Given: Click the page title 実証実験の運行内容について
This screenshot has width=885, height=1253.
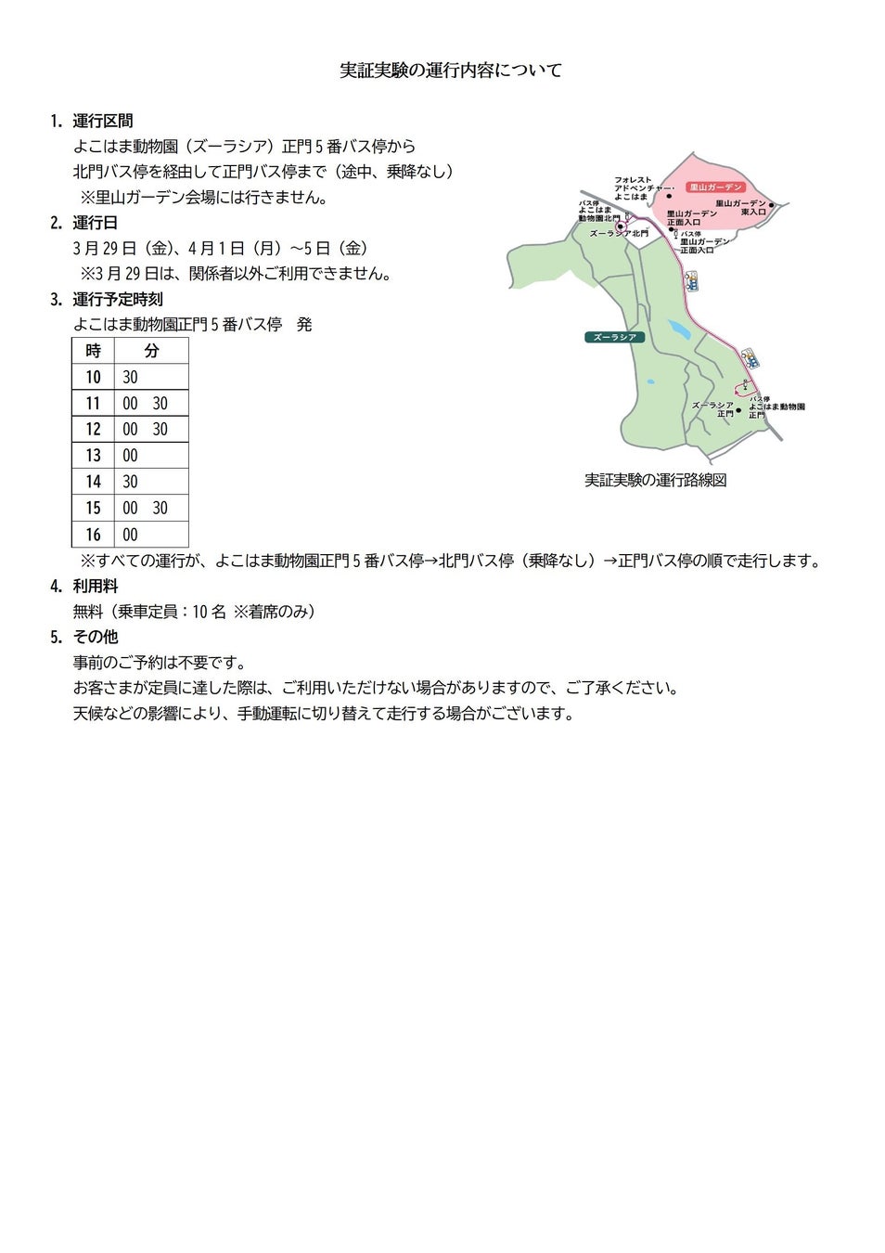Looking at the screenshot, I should [451, 71].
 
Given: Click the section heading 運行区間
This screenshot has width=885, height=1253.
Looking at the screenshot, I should [102, 121].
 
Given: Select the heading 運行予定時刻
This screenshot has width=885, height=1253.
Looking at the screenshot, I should [117, 299].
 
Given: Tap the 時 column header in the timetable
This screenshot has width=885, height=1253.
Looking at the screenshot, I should [93, 351].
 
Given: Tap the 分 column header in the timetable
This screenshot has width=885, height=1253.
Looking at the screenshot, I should [151, 351].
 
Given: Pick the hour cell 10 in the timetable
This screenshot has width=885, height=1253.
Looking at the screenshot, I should [93, 377].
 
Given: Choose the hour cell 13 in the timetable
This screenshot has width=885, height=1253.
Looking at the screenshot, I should [93, 456].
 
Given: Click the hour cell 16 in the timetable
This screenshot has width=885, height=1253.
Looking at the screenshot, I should [93, 535].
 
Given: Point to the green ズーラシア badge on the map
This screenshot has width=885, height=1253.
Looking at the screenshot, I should [614, 337].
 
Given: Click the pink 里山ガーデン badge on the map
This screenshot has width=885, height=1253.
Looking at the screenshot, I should [715, 187].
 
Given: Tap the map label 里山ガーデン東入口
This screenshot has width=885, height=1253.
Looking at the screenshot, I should [741, 207].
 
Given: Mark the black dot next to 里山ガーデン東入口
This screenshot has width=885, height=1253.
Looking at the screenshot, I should [771, 205].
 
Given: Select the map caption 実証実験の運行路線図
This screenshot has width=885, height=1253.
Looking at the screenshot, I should [655, 480].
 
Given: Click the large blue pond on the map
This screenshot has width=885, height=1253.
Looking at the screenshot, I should [679, 329].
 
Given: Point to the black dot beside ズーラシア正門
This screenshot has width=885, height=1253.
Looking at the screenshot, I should [738, 409].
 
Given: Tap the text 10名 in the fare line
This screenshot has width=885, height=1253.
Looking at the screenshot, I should [209, 612].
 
